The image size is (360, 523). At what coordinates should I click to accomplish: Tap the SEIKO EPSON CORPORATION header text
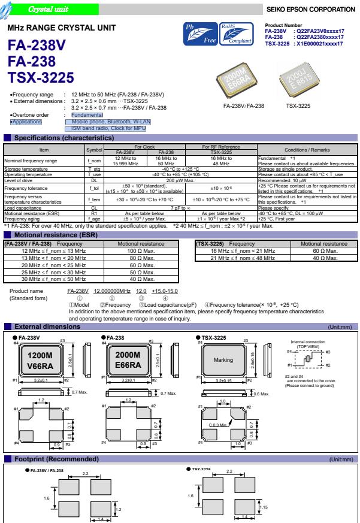(x=313, y=9)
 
